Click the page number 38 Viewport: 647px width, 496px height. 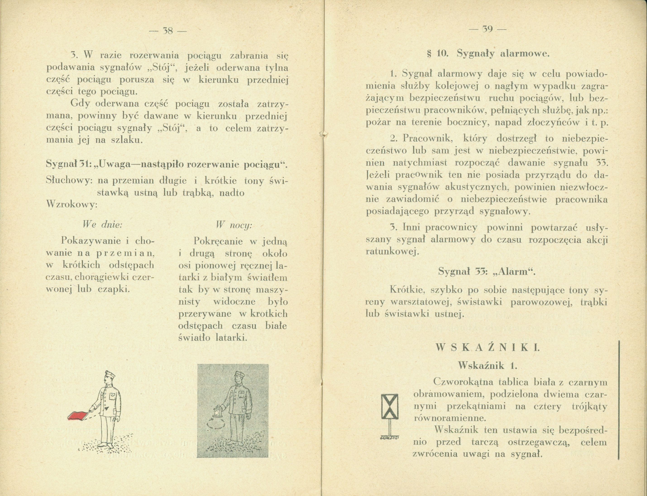[x=167, y=31]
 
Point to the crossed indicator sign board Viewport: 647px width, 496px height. [x=390, y=406]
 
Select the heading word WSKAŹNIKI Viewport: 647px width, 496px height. [x=487, y=348]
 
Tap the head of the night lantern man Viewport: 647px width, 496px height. [x=238, y=378]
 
